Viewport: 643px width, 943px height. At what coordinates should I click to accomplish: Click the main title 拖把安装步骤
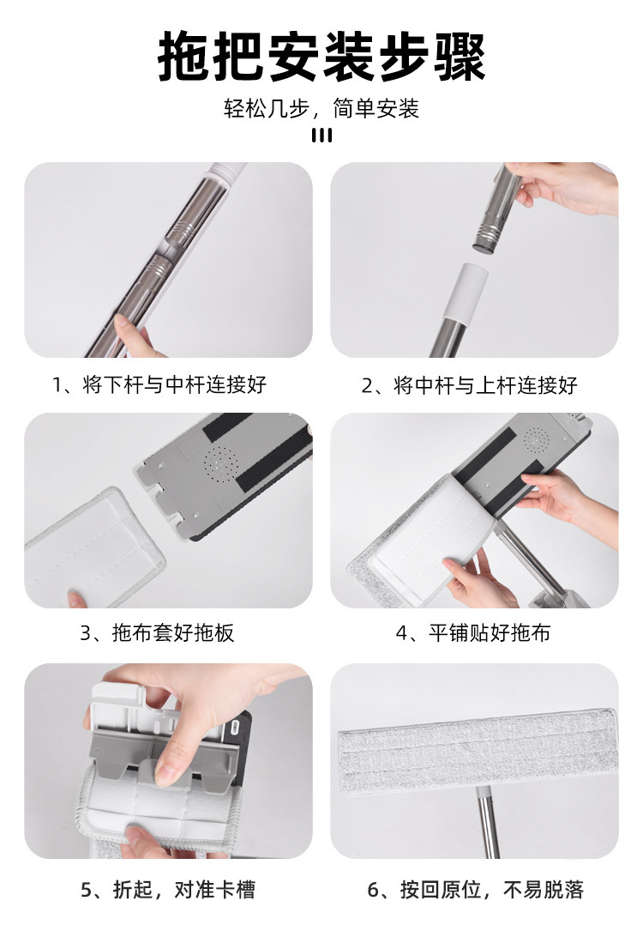coord(321,57)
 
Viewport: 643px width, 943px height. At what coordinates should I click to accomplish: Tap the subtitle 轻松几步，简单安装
coord(321,109)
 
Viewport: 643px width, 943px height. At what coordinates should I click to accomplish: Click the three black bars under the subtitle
coord(321,136)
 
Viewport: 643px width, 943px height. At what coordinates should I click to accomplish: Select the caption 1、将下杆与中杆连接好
coord(159,384)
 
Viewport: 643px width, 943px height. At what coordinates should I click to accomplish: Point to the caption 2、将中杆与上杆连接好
coord(469,385)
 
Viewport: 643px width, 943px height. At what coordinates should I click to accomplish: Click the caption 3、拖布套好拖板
coord(158,632)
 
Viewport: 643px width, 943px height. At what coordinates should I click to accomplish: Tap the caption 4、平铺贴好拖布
coord(473,632)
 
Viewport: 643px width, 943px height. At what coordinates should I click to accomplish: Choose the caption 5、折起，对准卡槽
coord(168,890)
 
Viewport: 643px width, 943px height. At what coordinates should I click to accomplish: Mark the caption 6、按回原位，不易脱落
coord(475,890)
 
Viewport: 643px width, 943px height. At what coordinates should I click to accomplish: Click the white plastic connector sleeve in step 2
coord(468,293)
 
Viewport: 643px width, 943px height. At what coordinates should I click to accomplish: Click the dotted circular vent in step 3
coord(220,463)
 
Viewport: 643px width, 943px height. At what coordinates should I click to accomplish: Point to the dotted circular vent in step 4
coord(536,439)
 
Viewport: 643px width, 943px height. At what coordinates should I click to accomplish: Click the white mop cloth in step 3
coord(94,547)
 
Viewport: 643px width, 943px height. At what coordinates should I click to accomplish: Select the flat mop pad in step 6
coord(478,752)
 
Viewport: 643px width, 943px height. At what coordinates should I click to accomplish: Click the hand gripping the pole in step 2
coord(562,185)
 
